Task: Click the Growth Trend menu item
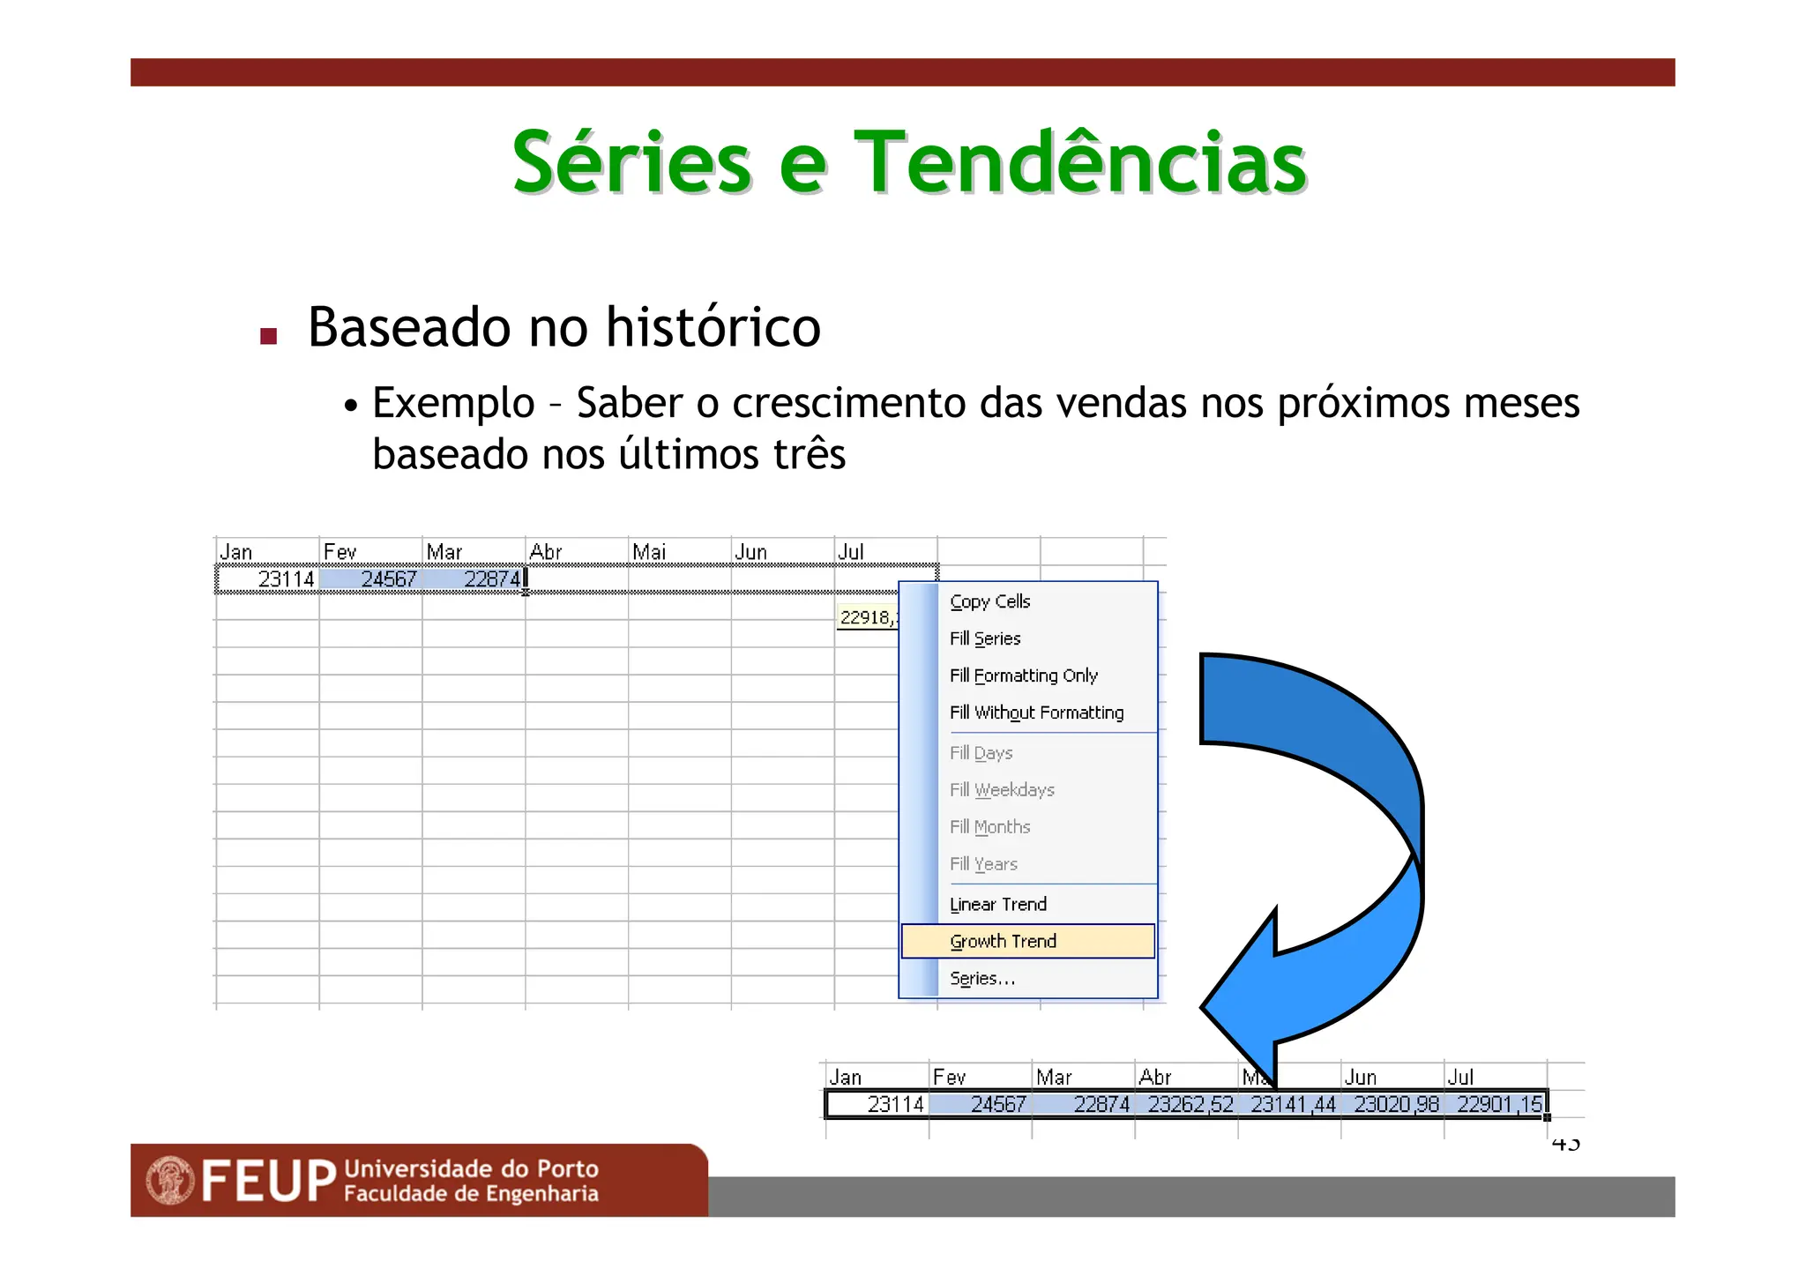coord(1003,941)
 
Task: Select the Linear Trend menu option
coord(997,904)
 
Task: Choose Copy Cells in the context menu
coord(989,601)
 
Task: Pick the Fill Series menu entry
coord(984,638)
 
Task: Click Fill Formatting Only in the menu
coord(1023,675)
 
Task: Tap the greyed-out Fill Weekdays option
coord(1001,790)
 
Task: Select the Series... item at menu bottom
coord(981,978)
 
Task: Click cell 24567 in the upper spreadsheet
coord(388,579)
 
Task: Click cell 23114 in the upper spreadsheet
coord(285,579)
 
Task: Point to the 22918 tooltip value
coord(866,617)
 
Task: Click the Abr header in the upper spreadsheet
coord(546,552)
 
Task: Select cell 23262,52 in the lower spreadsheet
coord(1190,1104)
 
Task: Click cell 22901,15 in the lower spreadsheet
coord(1498,1104)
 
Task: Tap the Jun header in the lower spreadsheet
coord(1360,1078)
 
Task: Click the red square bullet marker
coord(269,336)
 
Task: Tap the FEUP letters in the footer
coord(269,1181)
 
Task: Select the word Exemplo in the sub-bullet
coord(453,403)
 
